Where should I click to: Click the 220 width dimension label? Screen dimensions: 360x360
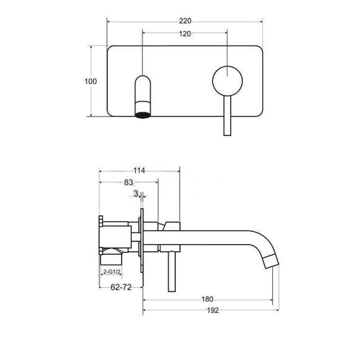point(185,21)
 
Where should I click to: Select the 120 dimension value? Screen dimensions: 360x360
point(185,34)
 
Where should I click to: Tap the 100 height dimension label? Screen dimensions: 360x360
point(91,81)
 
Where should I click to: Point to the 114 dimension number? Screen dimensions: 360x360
point(139,171)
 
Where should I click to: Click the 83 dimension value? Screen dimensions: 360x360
point(129,182)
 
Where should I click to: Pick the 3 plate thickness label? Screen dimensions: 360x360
point(136,194)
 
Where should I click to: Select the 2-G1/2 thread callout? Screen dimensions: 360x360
point(112,271)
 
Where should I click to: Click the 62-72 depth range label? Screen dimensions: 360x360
point(121,287)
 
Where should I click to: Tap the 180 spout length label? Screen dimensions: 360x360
point(207,300)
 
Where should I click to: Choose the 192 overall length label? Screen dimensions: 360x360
point(213,310)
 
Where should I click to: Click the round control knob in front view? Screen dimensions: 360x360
point(228,81)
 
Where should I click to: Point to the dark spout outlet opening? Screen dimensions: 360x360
point(143,115)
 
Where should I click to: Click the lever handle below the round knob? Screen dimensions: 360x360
point(228,116)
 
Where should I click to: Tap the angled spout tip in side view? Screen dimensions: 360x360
point(271,262)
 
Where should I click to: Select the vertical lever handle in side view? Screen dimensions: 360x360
point(171,271)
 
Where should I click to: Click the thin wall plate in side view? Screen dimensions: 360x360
point(142,240)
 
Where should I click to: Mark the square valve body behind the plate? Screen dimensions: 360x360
point(117,237)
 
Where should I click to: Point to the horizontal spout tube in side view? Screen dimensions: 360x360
point(197,238)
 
